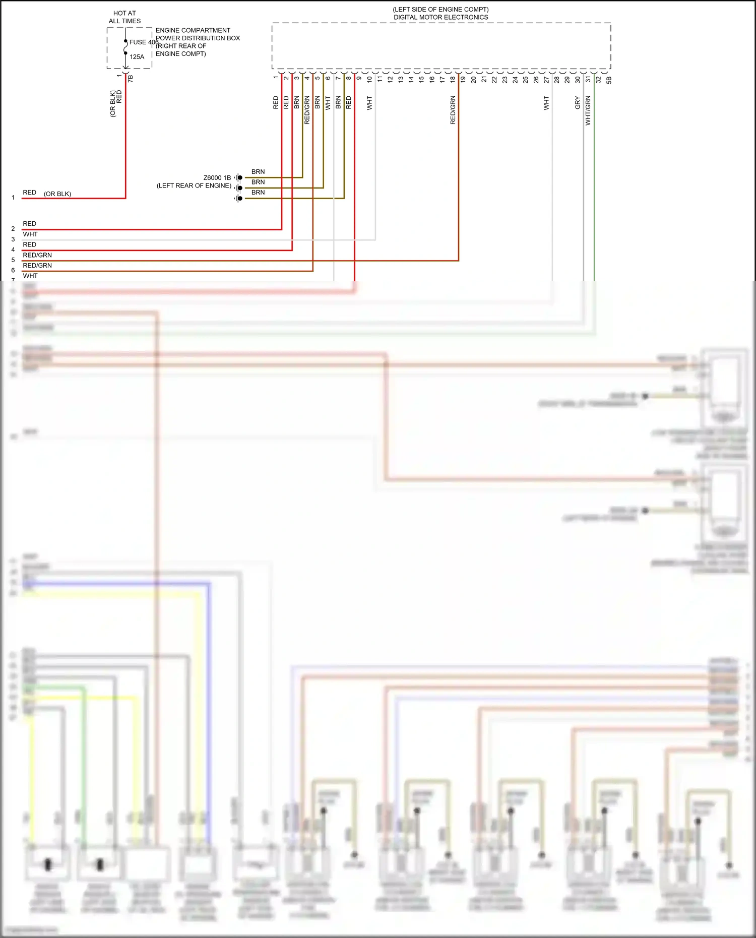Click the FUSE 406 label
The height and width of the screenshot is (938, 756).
tap(144, 42)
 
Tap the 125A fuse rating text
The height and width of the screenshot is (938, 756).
tap(137, 57)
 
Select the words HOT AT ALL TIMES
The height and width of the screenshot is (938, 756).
tap(124, 17)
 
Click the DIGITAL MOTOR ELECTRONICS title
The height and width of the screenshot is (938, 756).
tap(440, 17)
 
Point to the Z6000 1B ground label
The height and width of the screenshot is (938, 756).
tap(217, 178)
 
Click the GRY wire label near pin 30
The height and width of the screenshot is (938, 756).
tap(578, 103)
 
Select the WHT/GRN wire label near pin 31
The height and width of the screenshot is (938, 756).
tap(588, 110)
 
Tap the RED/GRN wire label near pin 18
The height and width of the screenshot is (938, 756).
tap(453, 110)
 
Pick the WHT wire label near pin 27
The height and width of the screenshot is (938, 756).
tap(546, 103)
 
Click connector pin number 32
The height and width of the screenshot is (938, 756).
tap(598, 80)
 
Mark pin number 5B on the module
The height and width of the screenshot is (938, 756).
tap(609, 80)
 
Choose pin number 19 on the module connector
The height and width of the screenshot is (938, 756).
tap(463, 80)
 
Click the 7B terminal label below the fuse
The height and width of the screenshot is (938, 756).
tap(131, 79)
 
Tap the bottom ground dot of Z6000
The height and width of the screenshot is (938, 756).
tap(240, 199)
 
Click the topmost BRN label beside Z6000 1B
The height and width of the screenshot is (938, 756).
tap(258, 172)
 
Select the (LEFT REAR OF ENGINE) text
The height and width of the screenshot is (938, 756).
tap(194, 186)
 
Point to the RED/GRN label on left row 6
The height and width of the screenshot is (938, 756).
tap(37, 266)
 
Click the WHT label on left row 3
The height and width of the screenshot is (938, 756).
tap(30, 234)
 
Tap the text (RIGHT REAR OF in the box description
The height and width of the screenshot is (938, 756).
tap(181, 46)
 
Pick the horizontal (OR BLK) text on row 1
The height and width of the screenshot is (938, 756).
tap(57, 194)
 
